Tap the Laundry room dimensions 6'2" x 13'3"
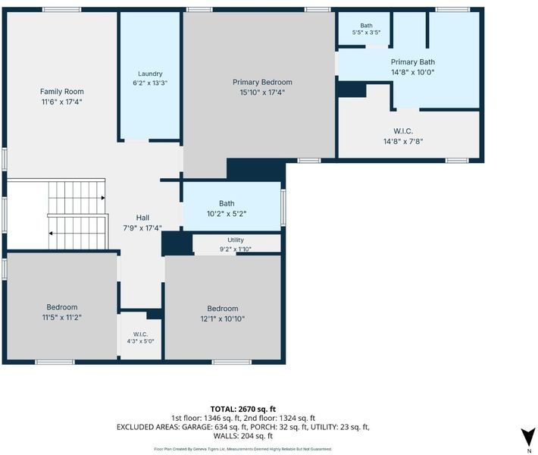[x=150, y=83]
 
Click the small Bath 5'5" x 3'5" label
[x=366, y=29]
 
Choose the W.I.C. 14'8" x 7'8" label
[x=403, y=136]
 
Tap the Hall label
[x=142, y=218]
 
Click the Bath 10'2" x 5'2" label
[x=227, y=209]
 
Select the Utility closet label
[x=236, y=240]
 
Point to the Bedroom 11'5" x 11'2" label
[x=62, y=312]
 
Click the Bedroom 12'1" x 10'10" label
[x=222, y=313]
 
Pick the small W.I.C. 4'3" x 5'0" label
[x=140, y=338]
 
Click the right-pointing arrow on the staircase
[x=103, y=198]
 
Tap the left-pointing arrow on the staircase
[x=51, y=234]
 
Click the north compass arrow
[x=528, y=437]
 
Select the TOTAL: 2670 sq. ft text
[x=243, y=409]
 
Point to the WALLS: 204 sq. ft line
[x=243, y=436]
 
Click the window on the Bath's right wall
[x=283, y=208]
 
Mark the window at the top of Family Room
[x=62, y=10]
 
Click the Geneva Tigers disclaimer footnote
[x=243, y=449]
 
